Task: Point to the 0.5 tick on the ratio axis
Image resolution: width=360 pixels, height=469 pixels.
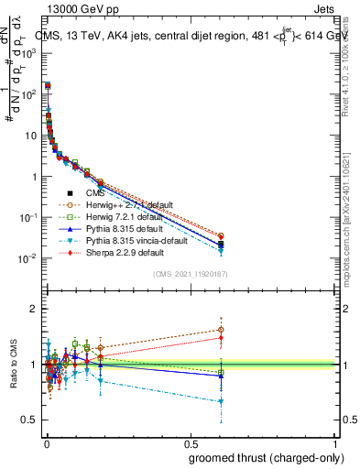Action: [29, 420]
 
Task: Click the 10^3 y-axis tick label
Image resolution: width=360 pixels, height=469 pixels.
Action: [27, 53]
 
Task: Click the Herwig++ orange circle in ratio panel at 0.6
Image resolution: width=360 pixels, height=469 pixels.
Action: [221, 330]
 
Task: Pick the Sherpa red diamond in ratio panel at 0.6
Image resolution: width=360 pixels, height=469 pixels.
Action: [221, 338]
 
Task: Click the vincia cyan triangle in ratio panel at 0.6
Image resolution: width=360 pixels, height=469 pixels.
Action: [221, 401]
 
